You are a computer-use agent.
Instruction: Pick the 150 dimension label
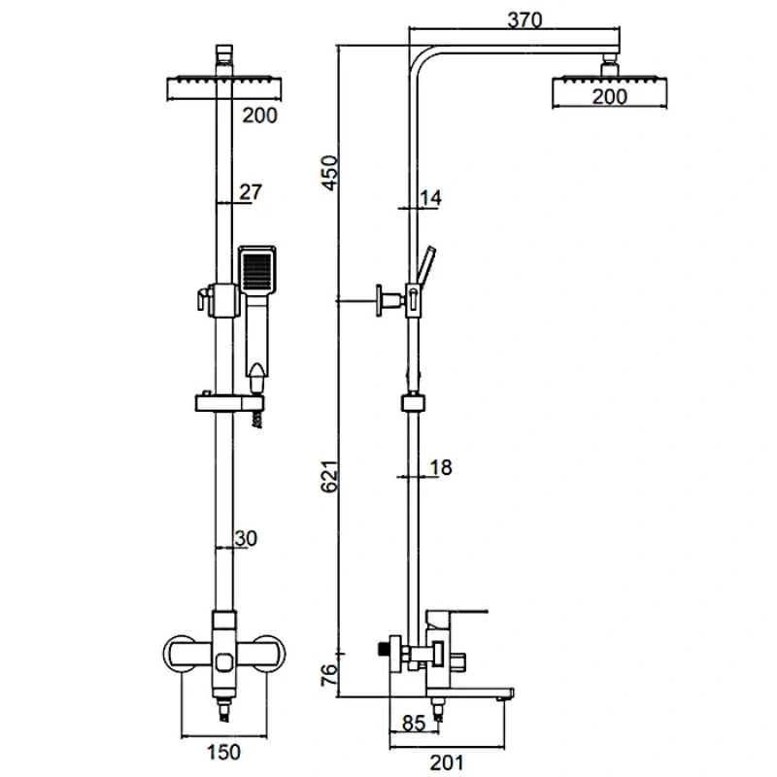click(x=225, y=751)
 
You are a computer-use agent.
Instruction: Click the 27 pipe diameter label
click(x=250, y=192)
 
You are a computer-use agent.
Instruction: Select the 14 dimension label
click(x=431, y=198)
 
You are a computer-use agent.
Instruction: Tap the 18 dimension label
click(x=440, y=468)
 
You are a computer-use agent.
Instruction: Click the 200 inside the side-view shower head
click(x=609, y=95)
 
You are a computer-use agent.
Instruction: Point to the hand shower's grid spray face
click(x=257, y=269)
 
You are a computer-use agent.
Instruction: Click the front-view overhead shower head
click(x=224, y=88)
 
